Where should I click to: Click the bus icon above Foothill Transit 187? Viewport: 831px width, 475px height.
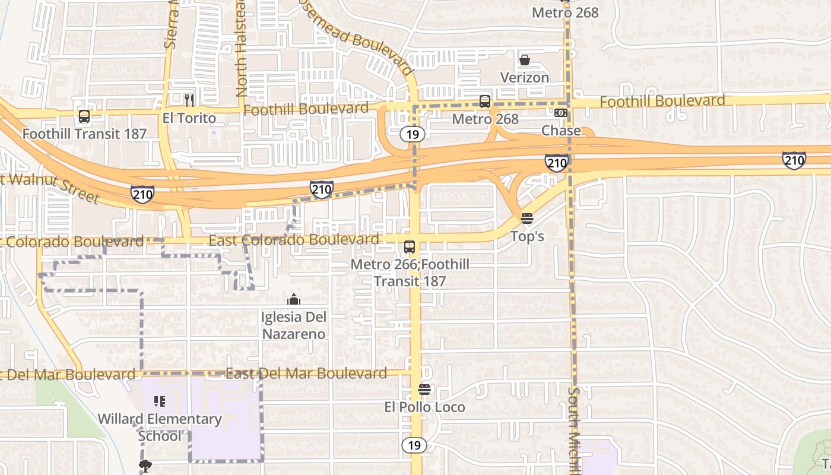point(84,116)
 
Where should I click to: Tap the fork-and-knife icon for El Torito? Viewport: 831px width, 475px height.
point(189,100)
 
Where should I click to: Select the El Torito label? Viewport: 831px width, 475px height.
point(189,118)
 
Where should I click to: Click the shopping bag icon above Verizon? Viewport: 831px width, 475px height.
point(525,60)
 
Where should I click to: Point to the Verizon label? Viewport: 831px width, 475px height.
point(525,78)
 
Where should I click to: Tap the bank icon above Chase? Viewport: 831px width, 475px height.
point(561,113)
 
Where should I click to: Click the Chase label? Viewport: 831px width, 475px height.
point(561,131)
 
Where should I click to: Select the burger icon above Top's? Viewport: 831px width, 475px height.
point(527,218)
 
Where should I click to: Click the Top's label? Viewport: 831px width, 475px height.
point(527,236)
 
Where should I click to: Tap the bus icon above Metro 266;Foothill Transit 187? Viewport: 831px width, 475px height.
point(410,247)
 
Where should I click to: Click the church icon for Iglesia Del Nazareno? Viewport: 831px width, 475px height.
point(293,299)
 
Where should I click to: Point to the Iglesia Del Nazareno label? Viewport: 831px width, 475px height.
point(293,325)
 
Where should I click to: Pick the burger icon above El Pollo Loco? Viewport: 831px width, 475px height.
point(424,389)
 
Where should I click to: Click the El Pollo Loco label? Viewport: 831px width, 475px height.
point(424,407)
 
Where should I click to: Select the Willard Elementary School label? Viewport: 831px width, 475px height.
point(159,427)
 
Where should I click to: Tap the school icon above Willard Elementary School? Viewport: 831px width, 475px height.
point(158,401)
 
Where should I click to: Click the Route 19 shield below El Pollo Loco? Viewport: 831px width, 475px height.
point(413,445)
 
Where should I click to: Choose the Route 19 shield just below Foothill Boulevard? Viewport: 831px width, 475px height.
point(413,134)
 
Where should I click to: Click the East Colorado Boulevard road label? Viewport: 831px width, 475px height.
point(294,240)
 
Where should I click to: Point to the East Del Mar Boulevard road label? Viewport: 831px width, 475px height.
point(306,373)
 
